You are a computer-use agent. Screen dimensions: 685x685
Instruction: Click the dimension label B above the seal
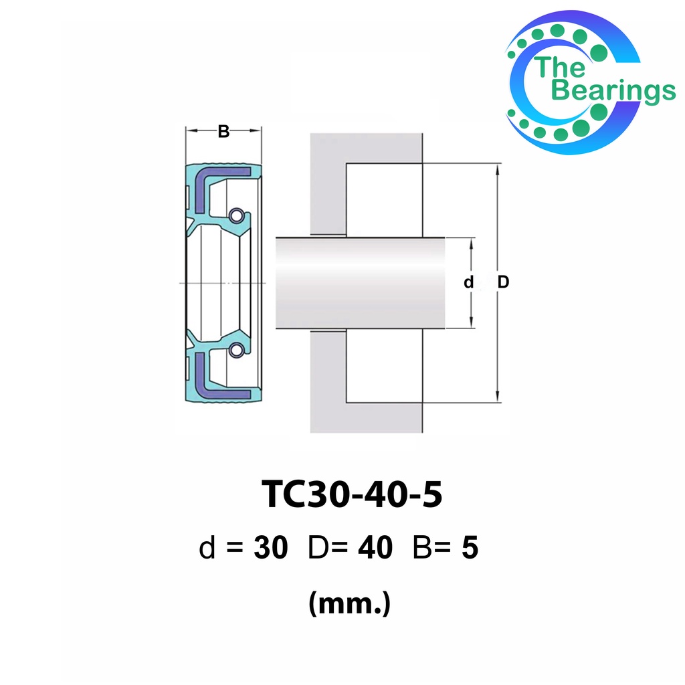(x=223, y=131)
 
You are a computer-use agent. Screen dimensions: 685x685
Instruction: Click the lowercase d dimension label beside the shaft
(x=468, y=283)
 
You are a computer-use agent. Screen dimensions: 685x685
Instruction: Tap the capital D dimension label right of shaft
(x=503, y=282)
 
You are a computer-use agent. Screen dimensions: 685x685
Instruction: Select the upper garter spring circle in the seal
(x=236, y=216)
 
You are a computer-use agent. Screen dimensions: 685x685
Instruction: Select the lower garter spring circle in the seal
(x=236, y=349)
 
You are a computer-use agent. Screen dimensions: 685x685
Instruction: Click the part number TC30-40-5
(x=352, y=494)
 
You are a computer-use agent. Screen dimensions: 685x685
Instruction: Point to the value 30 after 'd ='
(x=271, y=548)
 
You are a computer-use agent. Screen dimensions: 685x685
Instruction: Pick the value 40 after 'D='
(x=375, y=548)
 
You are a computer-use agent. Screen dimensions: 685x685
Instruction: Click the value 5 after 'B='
(x=470, y=548)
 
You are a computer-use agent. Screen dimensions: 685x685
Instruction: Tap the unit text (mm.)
(x=349, y=604)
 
